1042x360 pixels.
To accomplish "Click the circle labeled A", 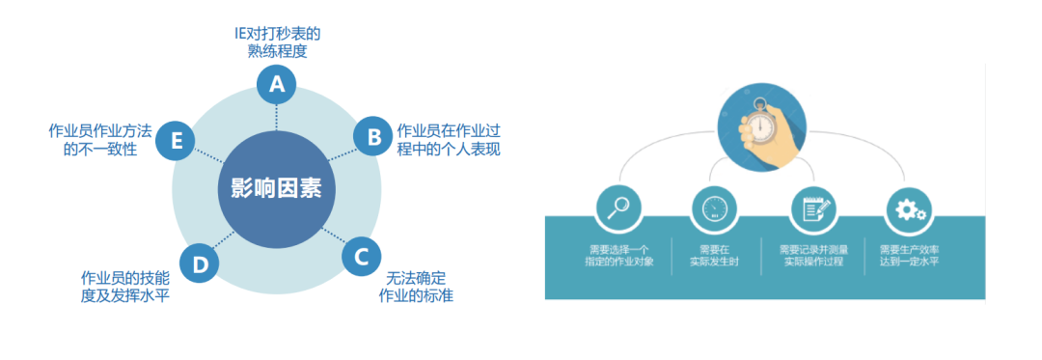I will (x=277, y=85).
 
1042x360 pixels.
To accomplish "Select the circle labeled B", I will (x=372, y=136).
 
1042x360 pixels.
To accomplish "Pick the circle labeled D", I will (x=200, y=264).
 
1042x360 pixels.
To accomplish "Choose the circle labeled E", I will (x=176, y=140).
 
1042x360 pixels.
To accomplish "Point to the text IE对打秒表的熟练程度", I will (x=277, y=42).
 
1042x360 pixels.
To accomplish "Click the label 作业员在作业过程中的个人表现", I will (x=448, y=140).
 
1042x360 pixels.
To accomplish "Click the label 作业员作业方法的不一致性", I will (x=99, y=140).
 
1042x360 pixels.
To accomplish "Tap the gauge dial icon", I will (x=714, y=207).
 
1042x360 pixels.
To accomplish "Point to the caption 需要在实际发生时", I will (x=714, y=255).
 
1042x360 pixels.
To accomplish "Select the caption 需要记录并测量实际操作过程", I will (x=813, y=255).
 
